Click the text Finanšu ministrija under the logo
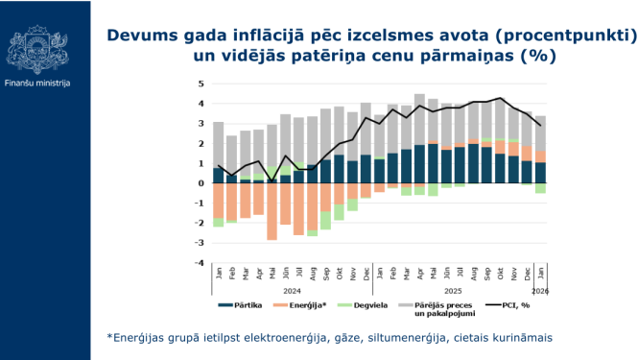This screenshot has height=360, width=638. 37,84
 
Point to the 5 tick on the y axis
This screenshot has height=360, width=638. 201,84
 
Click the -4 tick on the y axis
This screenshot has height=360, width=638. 200,262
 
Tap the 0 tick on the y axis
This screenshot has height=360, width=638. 201,182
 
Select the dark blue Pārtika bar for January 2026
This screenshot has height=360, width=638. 541,173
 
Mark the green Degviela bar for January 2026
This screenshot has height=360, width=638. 541,188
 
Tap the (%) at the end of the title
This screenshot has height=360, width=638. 538,56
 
